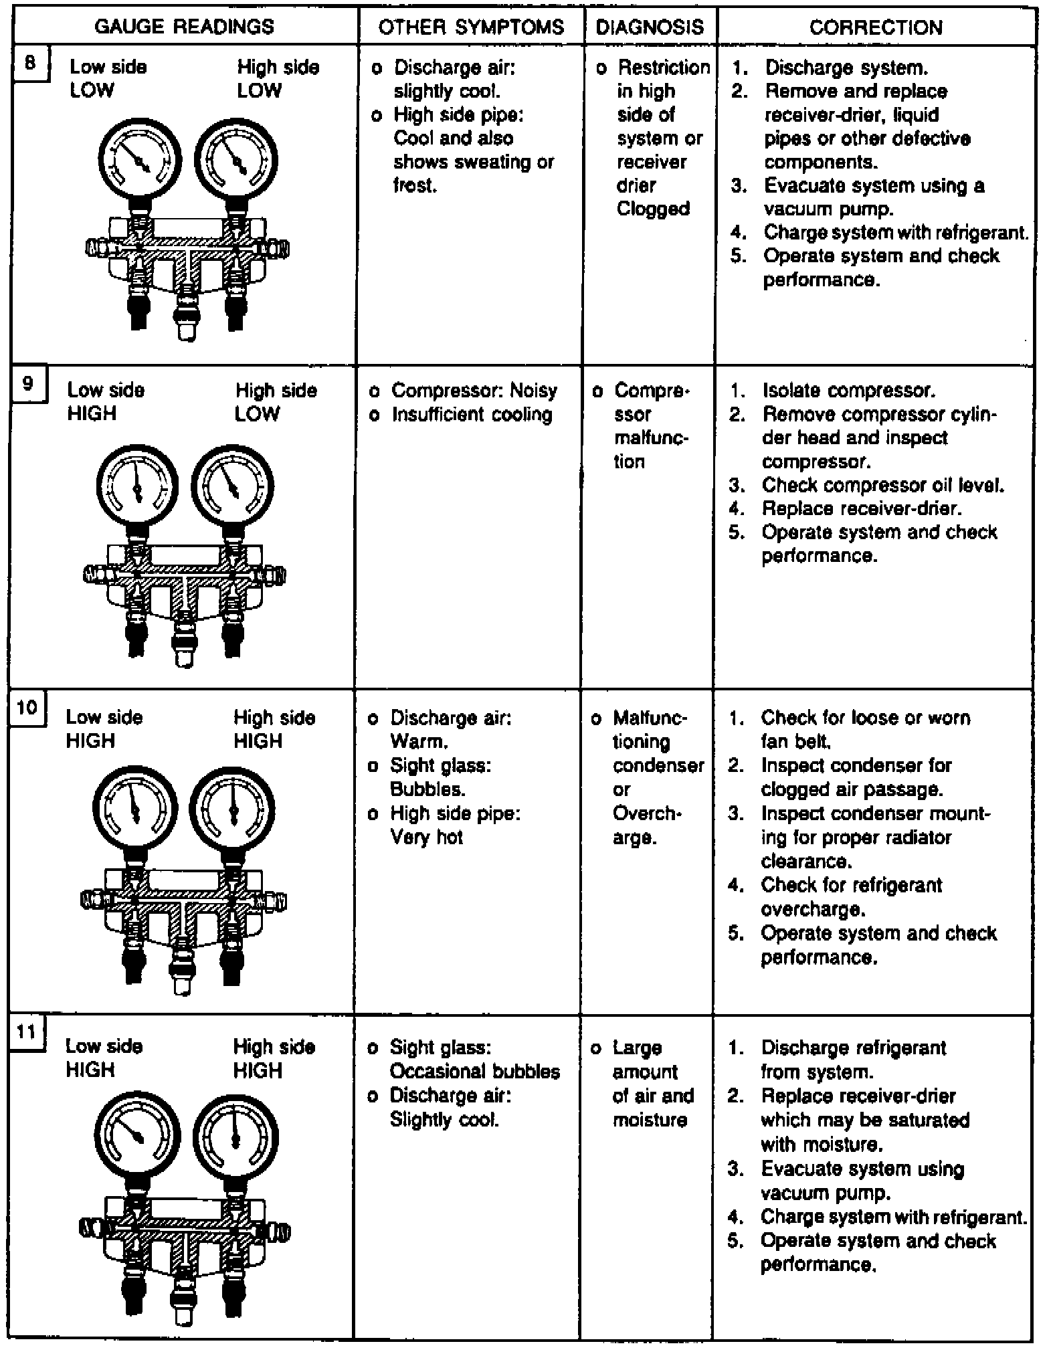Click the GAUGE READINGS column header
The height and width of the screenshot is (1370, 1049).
(x=184, y=27)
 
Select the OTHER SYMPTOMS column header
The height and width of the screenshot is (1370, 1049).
(x=471, y=27)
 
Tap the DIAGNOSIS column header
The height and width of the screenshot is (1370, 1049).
(x=650, y=27)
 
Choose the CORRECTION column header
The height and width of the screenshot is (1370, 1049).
(x=876, y=27)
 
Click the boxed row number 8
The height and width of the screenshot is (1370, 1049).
(x=30, y=64)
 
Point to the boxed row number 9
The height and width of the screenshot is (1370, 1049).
(x=27, y=384)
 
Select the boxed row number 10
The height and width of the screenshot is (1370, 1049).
(x=26, y=707)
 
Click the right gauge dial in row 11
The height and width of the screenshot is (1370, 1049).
(x=234, y=1138)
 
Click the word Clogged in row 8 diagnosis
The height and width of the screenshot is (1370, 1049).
(x=653, y=209)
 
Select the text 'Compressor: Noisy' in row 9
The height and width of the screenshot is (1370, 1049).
(x=474, y=390)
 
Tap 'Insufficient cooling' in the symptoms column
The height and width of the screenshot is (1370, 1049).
(x=472, y=414)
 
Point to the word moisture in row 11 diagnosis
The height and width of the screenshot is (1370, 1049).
(x=650, y=1120)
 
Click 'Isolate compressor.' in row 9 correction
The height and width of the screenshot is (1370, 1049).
(x=848, y=390)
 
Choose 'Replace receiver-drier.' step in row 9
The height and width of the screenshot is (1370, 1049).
(x=862, y=508)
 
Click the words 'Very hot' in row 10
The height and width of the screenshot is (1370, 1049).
(x=426, y=837)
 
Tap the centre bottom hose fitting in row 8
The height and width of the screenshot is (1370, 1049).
(x=187, y=315)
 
